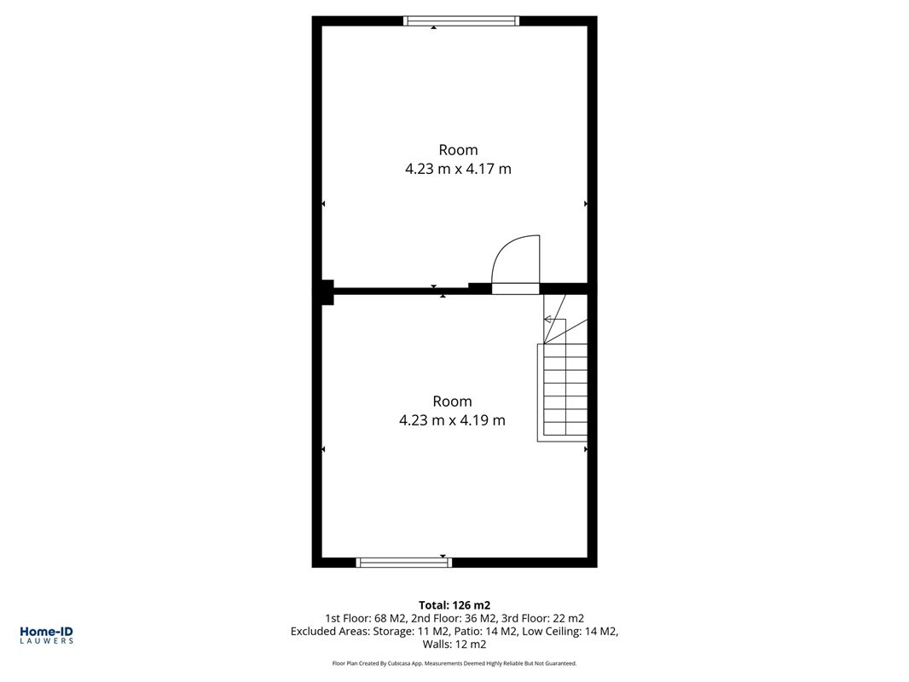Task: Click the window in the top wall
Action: (461, 21)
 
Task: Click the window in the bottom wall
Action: (404, 562)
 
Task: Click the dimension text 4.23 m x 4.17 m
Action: (458, 169)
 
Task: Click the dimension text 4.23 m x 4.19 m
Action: (452, 420)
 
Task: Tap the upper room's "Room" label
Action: (459, 150)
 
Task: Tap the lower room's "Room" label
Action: (452, 401)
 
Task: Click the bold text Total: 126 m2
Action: (454, 605)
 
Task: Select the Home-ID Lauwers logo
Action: (46, 635)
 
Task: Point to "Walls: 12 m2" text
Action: (454, 644)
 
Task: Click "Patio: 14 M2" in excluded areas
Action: (486, 632)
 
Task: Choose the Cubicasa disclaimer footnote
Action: (454, 663)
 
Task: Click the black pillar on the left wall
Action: (327, 292)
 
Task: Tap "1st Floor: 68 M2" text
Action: (366, 618)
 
